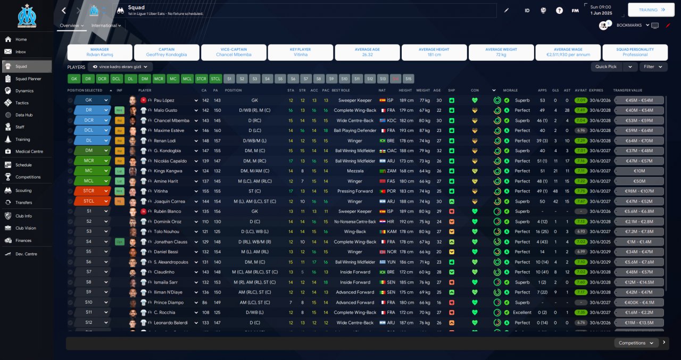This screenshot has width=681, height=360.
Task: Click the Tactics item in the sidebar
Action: [22, 103]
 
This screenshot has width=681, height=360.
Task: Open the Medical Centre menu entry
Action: [29, 152]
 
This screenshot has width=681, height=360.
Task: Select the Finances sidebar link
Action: [23, 240]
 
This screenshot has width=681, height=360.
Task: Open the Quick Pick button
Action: [607, 67]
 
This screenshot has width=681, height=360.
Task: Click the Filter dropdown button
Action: [652, 67]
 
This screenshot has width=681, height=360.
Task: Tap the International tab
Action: [105, 26]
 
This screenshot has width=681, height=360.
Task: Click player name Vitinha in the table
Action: [162, 191]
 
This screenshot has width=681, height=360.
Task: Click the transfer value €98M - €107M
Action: [638, 191]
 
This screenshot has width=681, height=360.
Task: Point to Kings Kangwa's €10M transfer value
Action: [638, 171]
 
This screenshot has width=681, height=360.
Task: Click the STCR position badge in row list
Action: [88, 191]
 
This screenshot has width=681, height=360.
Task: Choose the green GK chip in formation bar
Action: [74, 79]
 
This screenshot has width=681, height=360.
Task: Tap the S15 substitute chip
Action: [408, 79]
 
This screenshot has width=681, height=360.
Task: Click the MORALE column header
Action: [510, 90]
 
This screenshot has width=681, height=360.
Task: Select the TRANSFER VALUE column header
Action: [627, 90]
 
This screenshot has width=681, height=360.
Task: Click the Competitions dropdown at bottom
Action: [635, 343]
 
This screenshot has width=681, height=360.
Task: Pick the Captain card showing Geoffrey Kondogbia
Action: [167, 52]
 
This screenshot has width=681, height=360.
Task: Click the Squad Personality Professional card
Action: [635, 52]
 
